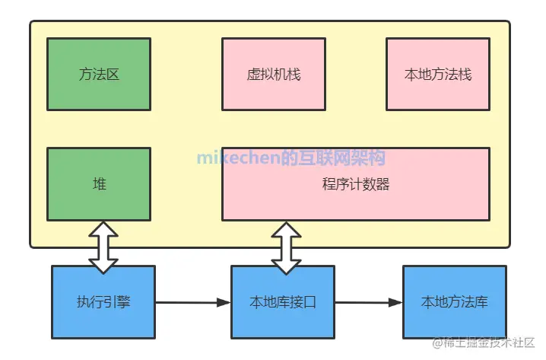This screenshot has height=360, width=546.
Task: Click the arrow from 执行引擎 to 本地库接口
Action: [x=193, y=303]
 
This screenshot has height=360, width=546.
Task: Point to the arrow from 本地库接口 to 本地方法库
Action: [x=369, y=303]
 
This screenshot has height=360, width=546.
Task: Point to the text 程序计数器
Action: [x=355, y=184]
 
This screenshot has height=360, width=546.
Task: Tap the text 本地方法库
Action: [x=454, y=302]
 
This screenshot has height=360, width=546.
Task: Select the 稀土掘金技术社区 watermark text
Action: [x=487, y=343]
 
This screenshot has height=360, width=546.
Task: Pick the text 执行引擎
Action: [x=103, y=302]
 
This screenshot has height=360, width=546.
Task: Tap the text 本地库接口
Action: [x=283, y=302]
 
